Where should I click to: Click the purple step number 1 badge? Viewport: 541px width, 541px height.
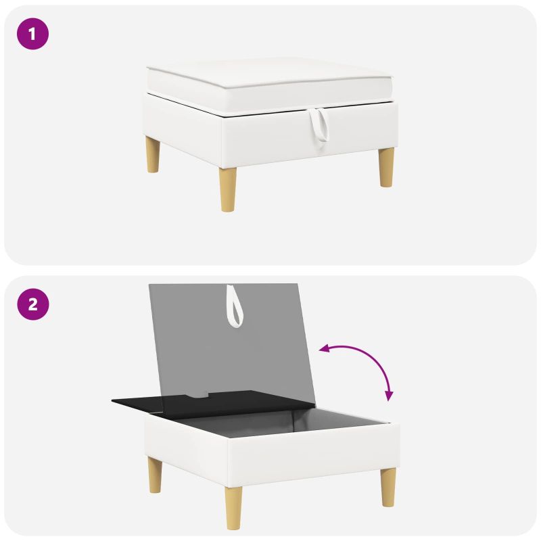coord(32,34)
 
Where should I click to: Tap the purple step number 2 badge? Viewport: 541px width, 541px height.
coord(32,304)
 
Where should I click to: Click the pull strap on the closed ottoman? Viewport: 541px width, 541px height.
coord(319,125)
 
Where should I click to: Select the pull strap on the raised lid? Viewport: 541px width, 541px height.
coord(235,306)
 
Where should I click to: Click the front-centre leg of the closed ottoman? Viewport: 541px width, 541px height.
coord(229,189)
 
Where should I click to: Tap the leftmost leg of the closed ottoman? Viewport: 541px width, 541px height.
coord(153,154)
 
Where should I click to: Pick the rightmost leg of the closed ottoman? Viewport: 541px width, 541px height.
coord(386,167)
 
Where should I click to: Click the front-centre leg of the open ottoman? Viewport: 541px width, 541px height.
coord(233,508)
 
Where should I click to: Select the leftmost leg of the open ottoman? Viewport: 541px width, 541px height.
coord(155,475)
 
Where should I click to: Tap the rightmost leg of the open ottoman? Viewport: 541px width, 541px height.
coord(388,487)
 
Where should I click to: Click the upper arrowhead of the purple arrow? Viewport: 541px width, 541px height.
coord(325,349)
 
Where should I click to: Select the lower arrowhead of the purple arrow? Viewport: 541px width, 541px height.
coord(390,396)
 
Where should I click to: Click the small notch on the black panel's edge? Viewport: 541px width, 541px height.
coord(197,395)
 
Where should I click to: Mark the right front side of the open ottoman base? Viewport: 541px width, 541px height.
coord(314,455)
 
